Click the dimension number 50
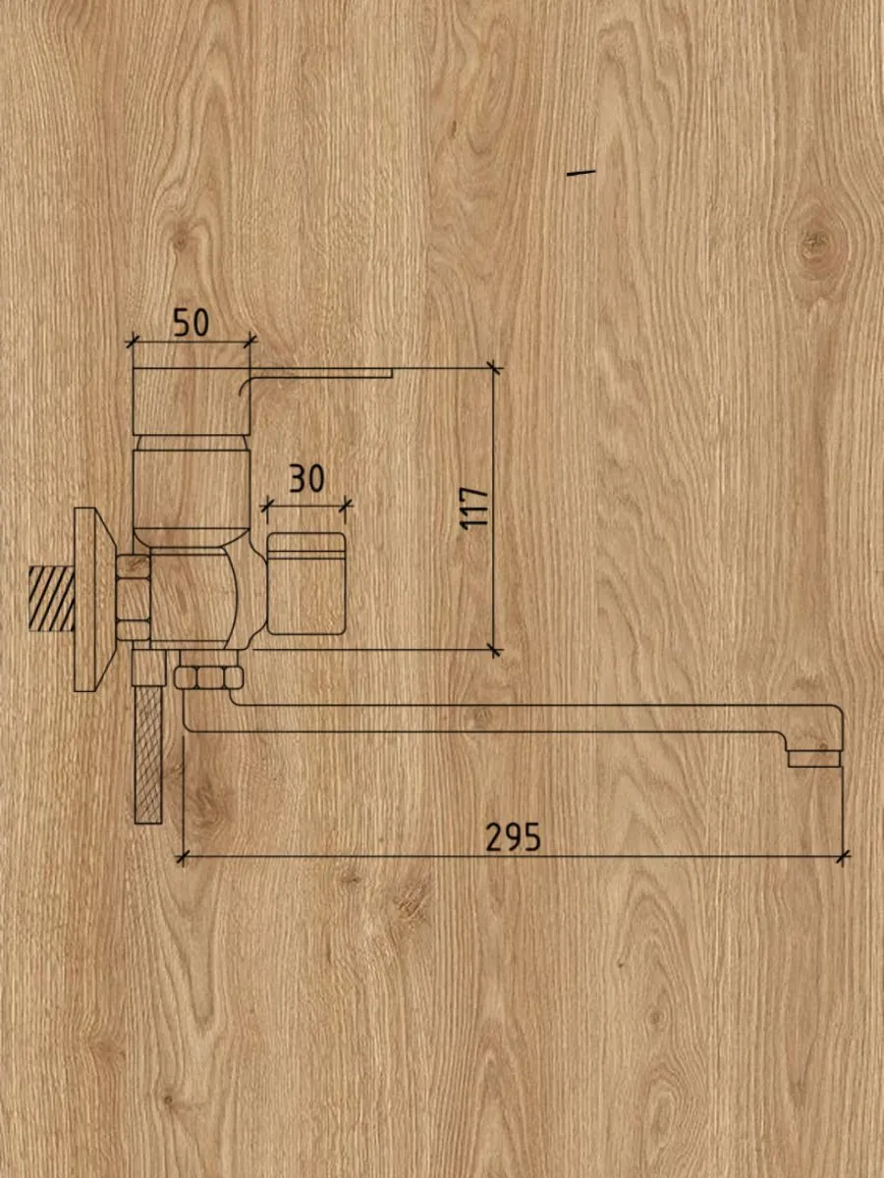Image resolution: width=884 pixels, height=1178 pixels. click(192, 323)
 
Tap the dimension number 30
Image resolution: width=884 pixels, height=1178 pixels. click(307, 479)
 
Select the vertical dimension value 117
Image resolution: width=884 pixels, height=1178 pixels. click(475, 509)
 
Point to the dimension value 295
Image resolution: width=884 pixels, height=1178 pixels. click(513, 837)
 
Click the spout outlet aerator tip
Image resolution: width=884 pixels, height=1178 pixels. click(813, 758)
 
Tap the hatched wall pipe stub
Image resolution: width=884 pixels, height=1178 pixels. click(51, 598)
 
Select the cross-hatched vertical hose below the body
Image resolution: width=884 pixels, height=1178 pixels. click(148, 755)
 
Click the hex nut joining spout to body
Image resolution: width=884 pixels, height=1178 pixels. click(208, 677)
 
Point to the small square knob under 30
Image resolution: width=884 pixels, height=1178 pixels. click(305, 583)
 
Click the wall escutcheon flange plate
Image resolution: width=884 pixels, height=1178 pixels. click(93, 599)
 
